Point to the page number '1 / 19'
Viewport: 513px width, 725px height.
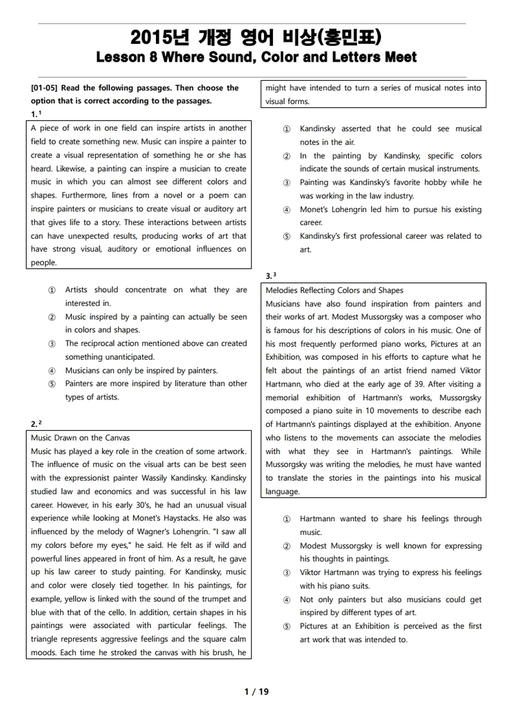256,691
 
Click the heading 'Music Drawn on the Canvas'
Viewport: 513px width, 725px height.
80,438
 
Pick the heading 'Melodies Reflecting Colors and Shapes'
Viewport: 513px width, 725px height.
334,291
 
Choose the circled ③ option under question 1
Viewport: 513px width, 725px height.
52,344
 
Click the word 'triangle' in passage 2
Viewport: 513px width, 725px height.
47,639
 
